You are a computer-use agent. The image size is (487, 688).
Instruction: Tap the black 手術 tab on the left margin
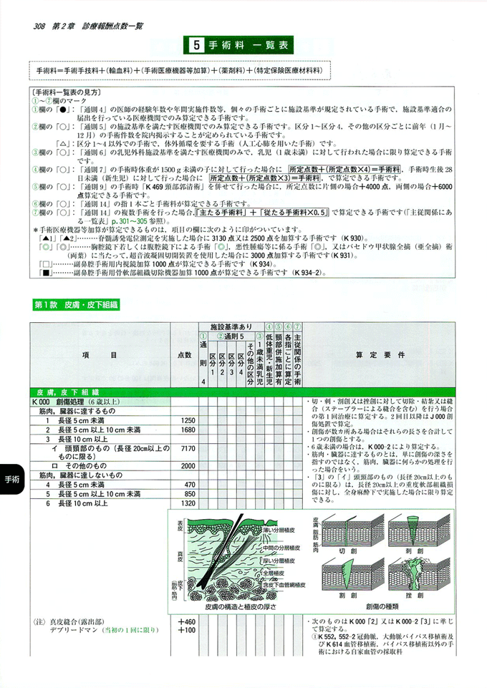(12, 479)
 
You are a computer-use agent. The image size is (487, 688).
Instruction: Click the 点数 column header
(184, 355)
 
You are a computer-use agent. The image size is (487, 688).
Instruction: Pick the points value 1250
(188, 420)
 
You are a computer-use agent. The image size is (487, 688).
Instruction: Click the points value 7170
(188, 449)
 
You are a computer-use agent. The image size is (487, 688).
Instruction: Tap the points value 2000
(188, 466)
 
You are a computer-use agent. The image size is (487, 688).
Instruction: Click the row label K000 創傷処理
(72, 402)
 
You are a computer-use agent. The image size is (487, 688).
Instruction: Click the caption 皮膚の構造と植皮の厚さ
(236, 606)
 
